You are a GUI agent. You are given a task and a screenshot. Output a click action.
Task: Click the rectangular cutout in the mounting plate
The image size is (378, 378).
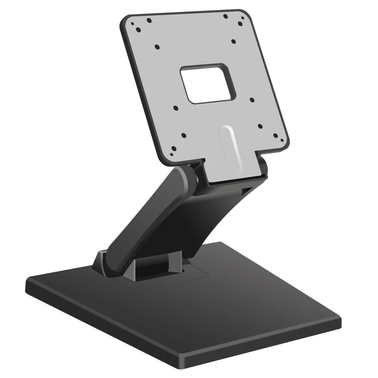tap(208, 84)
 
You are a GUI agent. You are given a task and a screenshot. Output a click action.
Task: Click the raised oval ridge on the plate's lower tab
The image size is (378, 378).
tap(230, 146)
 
